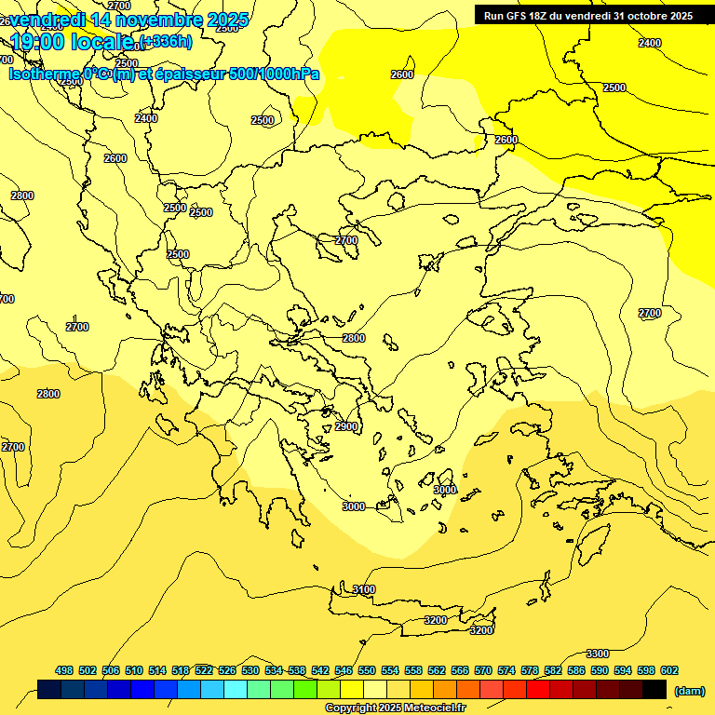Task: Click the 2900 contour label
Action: pyautogui.click(x=346, y=426)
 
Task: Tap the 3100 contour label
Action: pyautogui.click(x=364, y=589)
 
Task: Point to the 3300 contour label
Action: pyautogui.click(x=598, y=654)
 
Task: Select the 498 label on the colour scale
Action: pyautogui.click(x=64, y=670)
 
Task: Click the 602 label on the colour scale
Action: pyautogui.click(x=669, y=670)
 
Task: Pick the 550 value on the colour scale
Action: pyautogui.click(x=367, y=670)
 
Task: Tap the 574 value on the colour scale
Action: pyautogui.click(x=506, y=670)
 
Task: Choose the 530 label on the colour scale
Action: pyautogui.click(x=250, y=670)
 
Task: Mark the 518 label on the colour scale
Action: pyautogui.click(x=181, y=670)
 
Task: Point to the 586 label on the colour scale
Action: pyautogui.click(x=576, y=670)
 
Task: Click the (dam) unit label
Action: pyautogui.click(x=690, y=690)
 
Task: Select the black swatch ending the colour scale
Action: pyautogui.click(x=654, y=689)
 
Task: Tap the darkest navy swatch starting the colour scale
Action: pyautogui.click(x=49, y=689)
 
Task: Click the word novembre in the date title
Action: pyautogui.click(x=153, y=20)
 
